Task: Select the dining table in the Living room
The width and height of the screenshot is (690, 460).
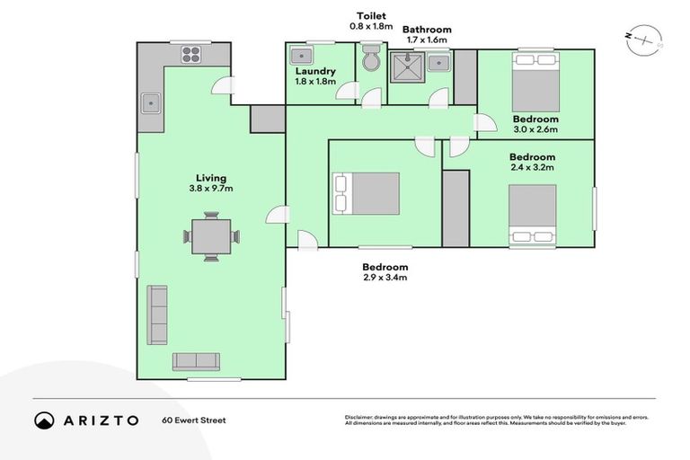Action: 211,236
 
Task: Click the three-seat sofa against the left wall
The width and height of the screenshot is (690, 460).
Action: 158,315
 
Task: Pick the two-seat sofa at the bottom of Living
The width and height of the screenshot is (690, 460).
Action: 196,361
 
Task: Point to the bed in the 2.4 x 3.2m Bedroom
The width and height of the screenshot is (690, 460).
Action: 533,214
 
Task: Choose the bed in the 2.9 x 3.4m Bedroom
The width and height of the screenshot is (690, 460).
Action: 367,193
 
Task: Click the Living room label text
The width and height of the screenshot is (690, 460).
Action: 212,178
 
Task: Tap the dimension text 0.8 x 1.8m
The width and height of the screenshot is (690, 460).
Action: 371,27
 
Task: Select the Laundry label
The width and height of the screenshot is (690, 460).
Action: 314,71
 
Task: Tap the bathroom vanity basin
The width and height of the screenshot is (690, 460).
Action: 439,62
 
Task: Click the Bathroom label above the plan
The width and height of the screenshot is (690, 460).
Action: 427,30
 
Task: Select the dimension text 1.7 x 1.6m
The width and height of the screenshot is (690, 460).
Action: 427,40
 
